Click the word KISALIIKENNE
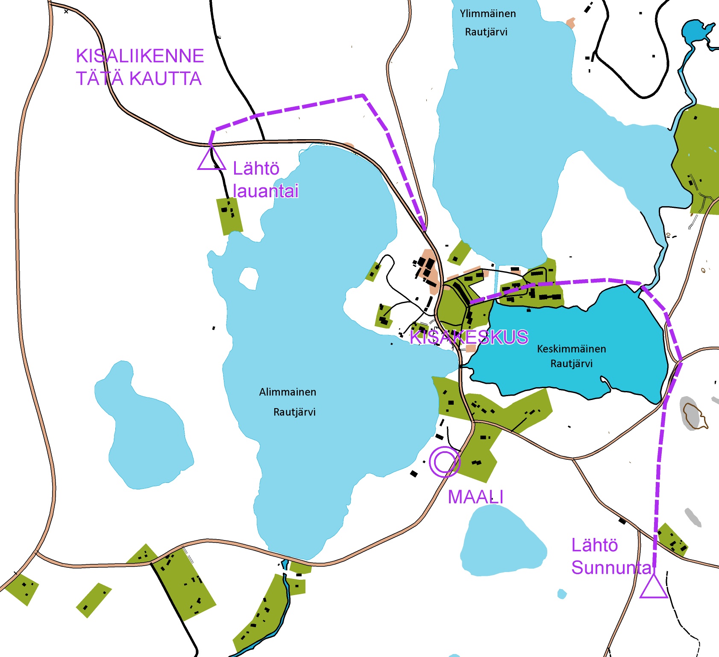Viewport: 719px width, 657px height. pos(140,56)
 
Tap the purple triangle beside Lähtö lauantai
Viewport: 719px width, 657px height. pos(211,159)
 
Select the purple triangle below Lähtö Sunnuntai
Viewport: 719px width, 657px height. pos(654,587)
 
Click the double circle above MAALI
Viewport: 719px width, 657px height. pos(444,461)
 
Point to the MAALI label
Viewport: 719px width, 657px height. pos(475,497)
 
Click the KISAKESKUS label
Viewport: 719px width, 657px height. pos(469,337)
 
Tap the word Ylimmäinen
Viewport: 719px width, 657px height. pos(488,14)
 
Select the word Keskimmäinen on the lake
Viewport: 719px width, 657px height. pos(571,349)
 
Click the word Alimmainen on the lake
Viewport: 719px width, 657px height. pos(288,392)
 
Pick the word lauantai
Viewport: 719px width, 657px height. pos(266,191)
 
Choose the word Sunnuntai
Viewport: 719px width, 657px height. pos(612,568)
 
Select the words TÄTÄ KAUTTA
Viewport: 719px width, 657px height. pos(138,79)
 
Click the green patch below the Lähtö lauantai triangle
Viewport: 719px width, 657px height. pos(229,216)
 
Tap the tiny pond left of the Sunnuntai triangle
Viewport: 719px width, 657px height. pos(562,593)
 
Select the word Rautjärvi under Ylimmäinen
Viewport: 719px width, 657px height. pos(486,32)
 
